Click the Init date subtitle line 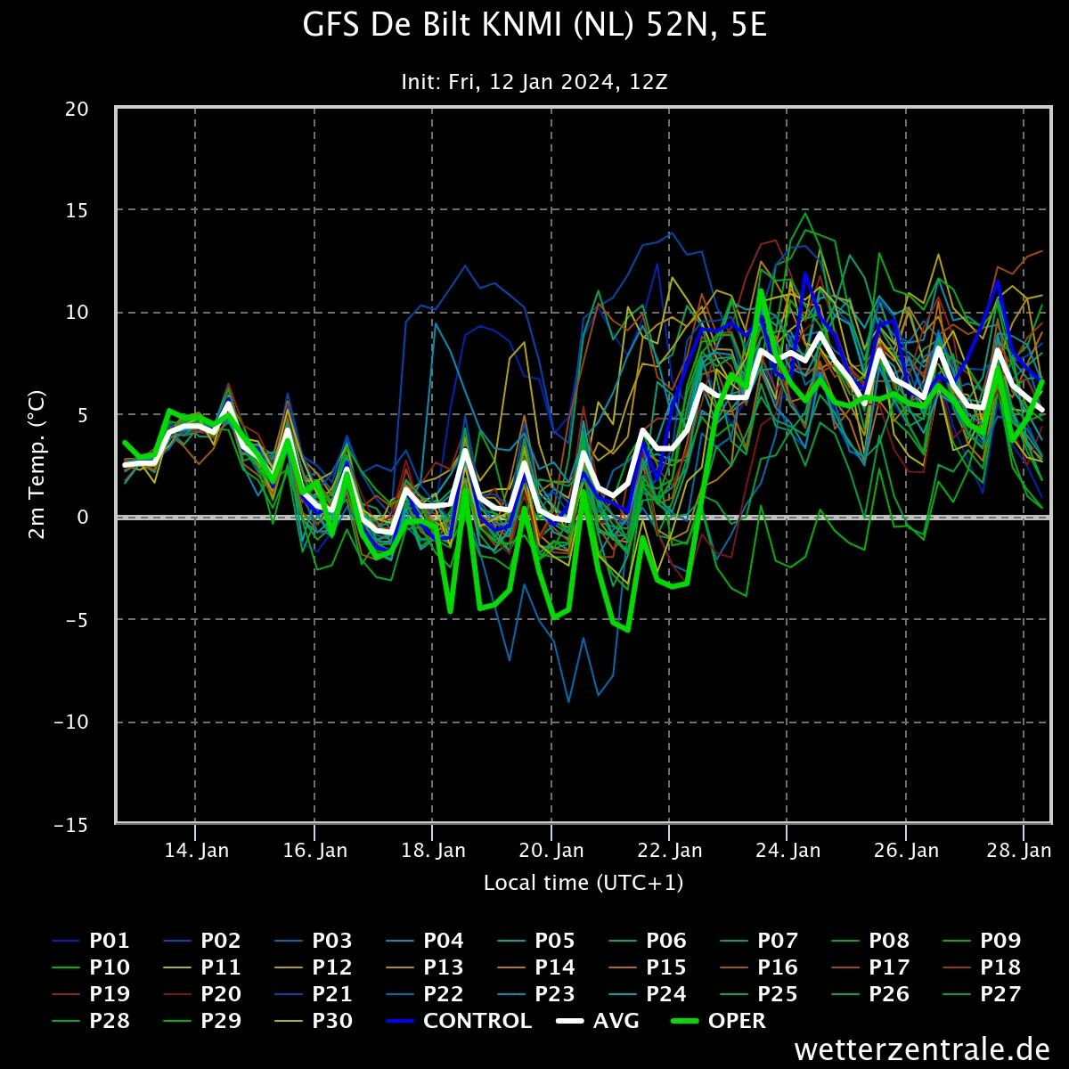pos(534,82)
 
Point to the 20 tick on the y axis pos(77,109)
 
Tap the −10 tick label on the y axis pos(71,722)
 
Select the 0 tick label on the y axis pos(83,517)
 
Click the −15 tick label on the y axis pos(71,825)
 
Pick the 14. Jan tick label pos(196,851)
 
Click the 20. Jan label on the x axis pos(551,851)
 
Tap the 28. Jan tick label pos(1018,851)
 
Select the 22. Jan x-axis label pos(670,851)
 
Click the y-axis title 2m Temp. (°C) pos(37,465)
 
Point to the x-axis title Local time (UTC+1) pos(583,883)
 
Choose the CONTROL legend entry pos(458,1021)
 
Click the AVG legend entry pos(598,1021)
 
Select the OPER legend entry pos(718,1021)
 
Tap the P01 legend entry pos(91,941)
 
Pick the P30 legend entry pos(314,1021)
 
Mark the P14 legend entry pos(536,967)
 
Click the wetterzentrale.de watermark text pos(922,1049)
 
